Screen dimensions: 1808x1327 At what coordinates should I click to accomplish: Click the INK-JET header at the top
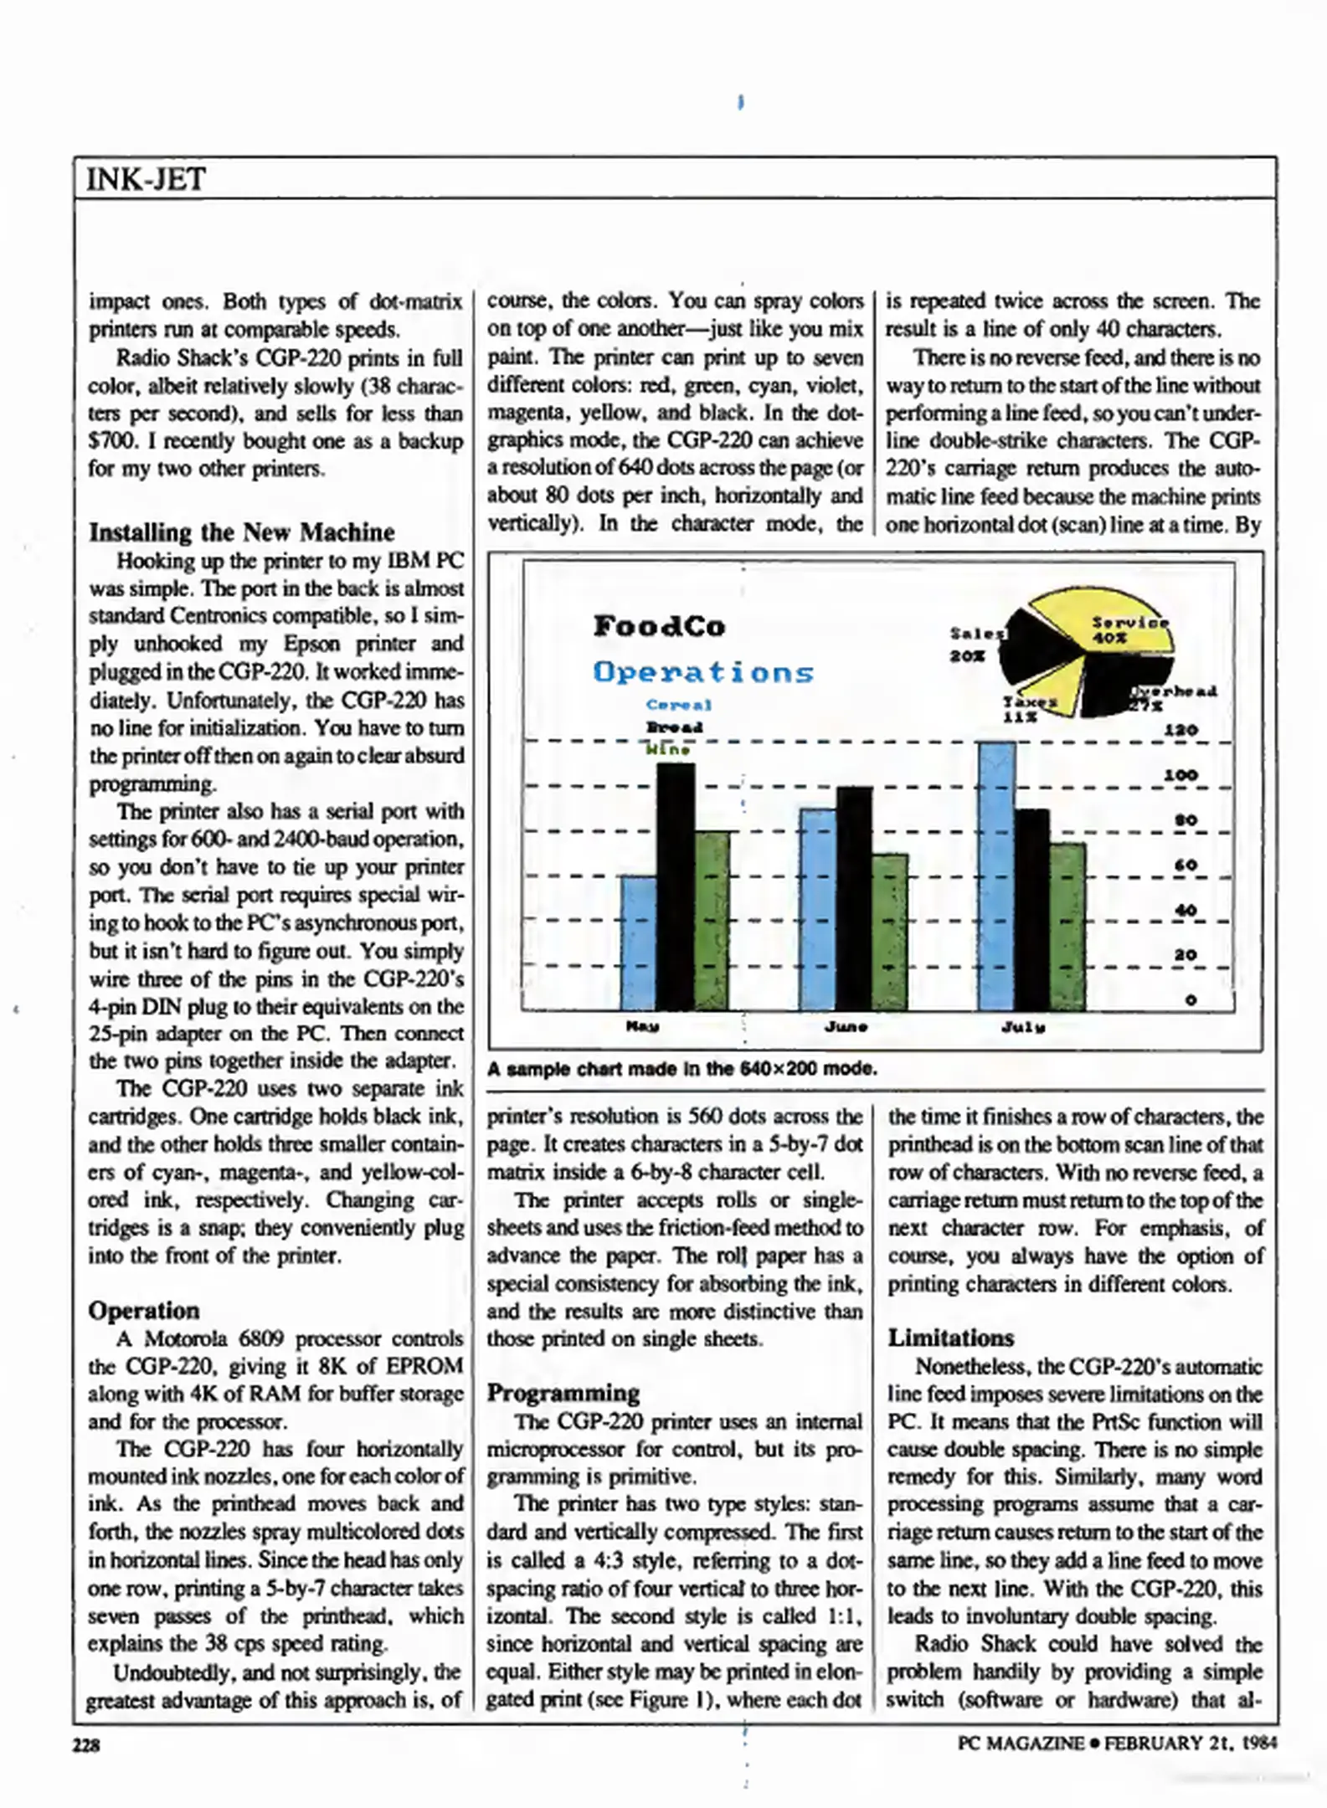point(146,179)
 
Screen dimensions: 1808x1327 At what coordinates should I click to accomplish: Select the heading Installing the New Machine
point(241,532)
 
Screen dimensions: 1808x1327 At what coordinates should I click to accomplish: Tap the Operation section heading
point(144,1311)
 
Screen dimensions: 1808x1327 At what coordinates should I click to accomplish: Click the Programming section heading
point(563,1393)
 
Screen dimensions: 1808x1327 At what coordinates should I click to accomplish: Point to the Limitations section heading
point(950,1338)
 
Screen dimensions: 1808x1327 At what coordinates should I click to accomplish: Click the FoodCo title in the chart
point(659,626)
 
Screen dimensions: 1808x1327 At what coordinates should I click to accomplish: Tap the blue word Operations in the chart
point(702,672)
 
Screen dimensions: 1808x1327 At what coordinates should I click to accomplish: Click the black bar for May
point(675,887)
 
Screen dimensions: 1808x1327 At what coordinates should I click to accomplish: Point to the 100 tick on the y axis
point(1180,775)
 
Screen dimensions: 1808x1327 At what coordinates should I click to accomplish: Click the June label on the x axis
point(846,1026)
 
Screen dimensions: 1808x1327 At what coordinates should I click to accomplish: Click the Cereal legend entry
point(678,705)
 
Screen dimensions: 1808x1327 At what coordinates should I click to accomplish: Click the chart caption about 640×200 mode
point(682,1069)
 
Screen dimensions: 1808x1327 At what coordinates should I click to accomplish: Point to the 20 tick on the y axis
point(1185,954)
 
